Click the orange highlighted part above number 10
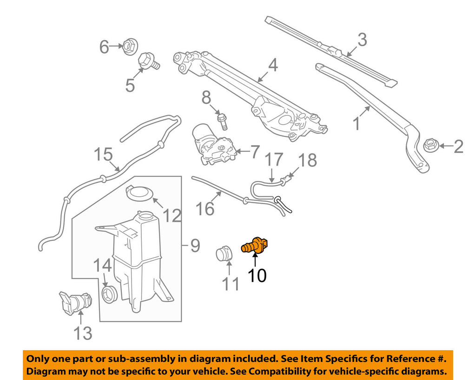coord(255,245)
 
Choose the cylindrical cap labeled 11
coord(224,254)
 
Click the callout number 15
coord(104,154)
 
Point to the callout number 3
coord(362,40)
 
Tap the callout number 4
coord(272,66)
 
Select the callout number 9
coord(195,245)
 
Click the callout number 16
coord(205,208)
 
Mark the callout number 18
coord(307,160)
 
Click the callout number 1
coord(357,124)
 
